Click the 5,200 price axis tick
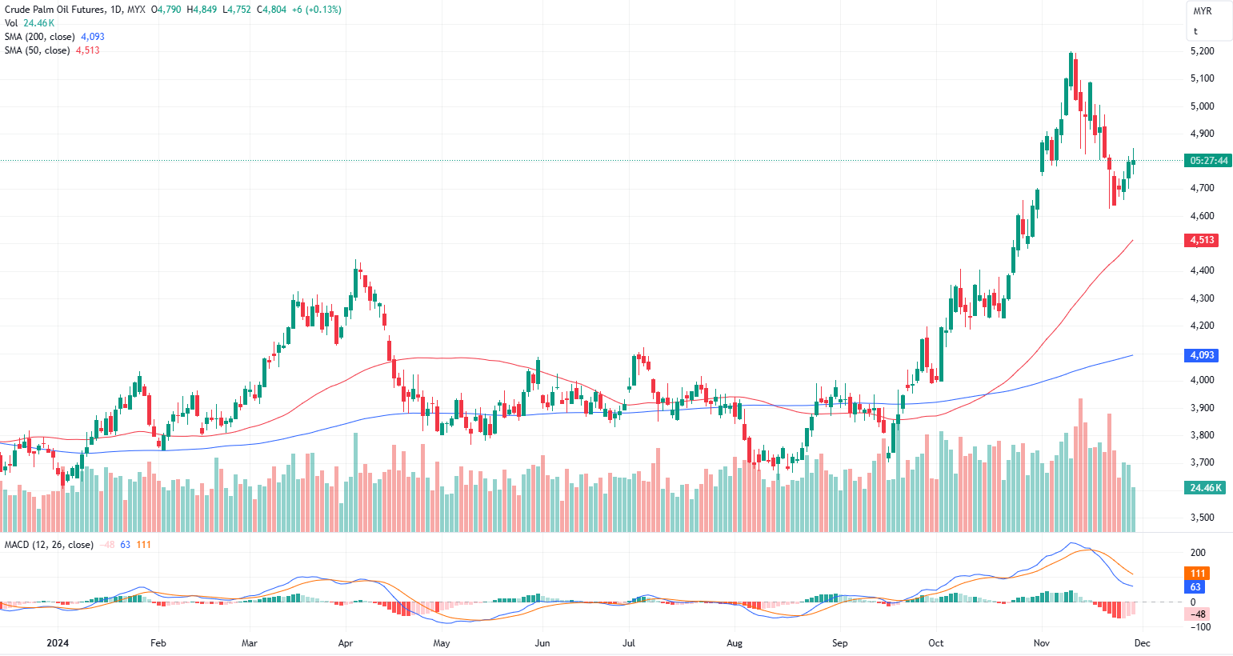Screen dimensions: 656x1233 tap(1202, 51)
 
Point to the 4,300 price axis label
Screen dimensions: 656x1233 tap(1202, 298)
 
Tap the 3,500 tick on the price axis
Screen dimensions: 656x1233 tap(1202, 518)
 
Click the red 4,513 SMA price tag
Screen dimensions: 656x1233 tap(1202, 240)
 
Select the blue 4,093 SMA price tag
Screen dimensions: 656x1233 tap(1202, 355)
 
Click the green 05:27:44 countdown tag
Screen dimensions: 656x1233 tap(1208, 161)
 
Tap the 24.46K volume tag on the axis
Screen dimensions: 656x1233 tap(1206, 488)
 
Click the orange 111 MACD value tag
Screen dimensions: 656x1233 tap(1198, 574)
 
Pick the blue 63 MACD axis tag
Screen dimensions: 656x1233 tap(1196, 587)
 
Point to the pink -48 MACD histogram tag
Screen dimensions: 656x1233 tap(1198, 614)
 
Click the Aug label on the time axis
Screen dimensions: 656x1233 tap(735, 643)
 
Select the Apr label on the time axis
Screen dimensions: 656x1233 tap(346, 643)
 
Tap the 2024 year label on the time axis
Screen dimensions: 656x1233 tap(58, 643)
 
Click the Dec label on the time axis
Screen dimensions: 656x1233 tap(1143, 643)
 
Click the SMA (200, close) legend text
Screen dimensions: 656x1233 tap(39, 37)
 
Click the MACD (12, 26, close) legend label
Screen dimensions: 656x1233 tap(49, 545)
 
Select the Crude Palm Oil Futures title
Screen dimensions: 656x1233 tap(54, 10)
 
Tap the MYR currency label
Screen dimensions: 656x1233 tap(1203, 11)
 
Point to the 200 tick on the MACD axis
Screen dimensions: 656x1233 tap(1198, 553)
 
